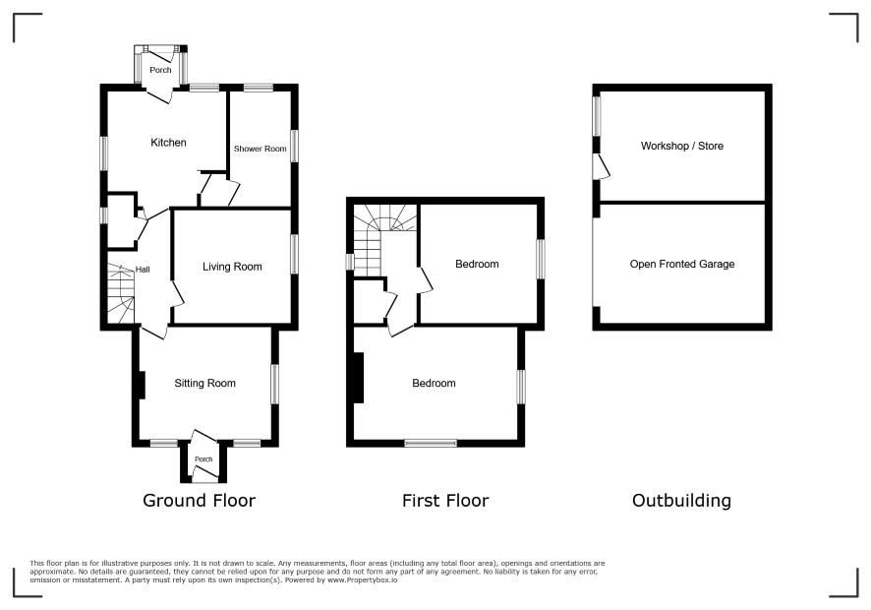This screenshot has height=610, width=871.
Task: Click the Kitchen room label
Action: [168, 143]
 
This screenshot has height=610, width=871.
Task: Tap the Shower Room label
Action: [260, 149]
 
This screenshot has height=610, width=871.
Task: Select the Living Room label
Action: [232, 267]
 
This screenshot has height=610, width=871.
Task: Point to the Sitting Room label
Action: [205, 383]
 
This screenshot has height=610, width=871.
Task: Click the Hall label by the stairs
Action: [143, 270]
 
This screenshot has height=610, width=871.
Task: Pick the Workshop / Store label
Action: [682, 147]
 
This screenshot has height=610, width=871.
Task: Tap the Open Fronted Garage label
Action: [682, 264]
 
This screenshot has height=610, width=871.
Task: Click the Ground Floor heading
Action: [199, 501]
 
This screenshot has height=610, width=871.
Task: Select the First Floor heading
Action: [445, 501]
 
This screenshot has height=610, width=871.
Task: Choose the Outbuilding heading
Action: [681, 501]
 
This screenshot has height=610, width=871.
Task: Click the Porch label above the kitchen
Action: [160, 70]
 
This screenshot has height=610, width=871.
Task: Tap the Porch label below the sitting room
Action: [203, 459]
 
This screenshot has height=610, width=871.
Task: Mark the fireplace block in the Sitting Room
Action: [142, 385]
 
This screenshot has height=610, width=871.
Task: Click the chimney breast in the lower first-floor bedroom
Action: [359, 378]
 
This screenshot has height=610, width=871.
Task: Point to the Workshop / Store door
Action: [602, 166]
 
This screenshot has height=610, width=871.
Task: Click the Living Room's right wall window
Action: [294, 254]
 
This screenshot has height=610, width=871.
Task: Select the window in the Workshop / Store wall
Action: [597, 116]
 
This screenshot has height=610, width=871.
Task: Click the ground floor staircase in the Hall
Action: [121, 293]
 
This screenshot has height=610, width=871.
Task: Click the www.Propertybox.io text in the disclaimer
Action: [362, 579]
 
